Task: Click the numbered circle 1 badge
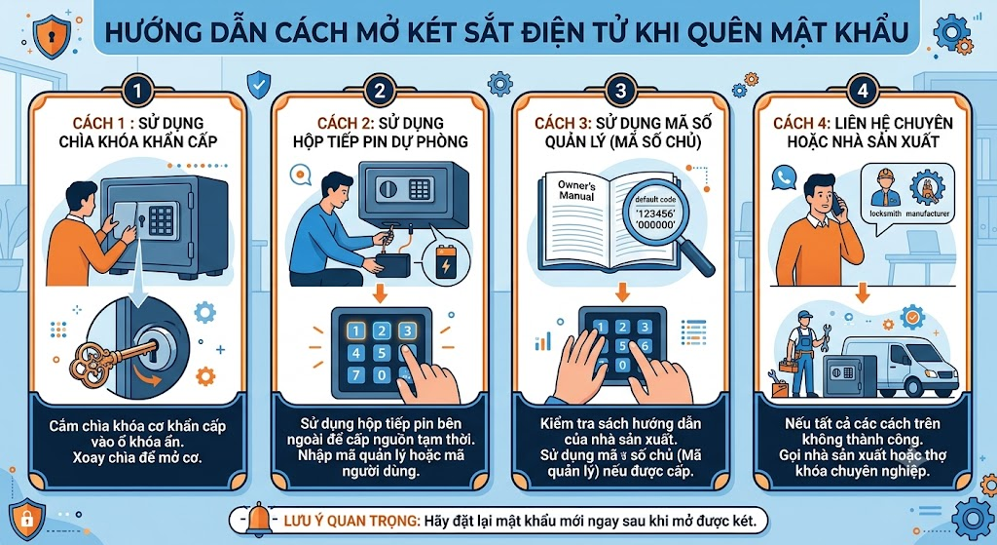point(136,91)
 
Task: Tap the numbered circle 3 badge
point(620,91)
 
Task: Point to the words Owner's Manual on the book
point(576,190)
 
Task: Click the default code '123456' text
point(655,213)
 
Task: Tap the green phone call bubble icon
point(784,177)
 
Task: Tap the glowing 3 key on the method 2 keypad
point(407,331)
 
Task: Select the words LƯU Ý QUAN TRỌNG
point(351,521)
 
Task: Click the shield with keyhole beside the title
point(52,36)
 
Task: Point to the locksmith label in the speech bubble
point(885,214)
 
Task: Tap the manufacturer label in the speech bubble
point(927,214)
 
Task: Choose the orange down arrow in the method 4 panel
point(863,293)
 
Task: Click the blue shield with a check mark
point(258,85)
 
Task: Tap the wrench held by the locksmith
point(826,337)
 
